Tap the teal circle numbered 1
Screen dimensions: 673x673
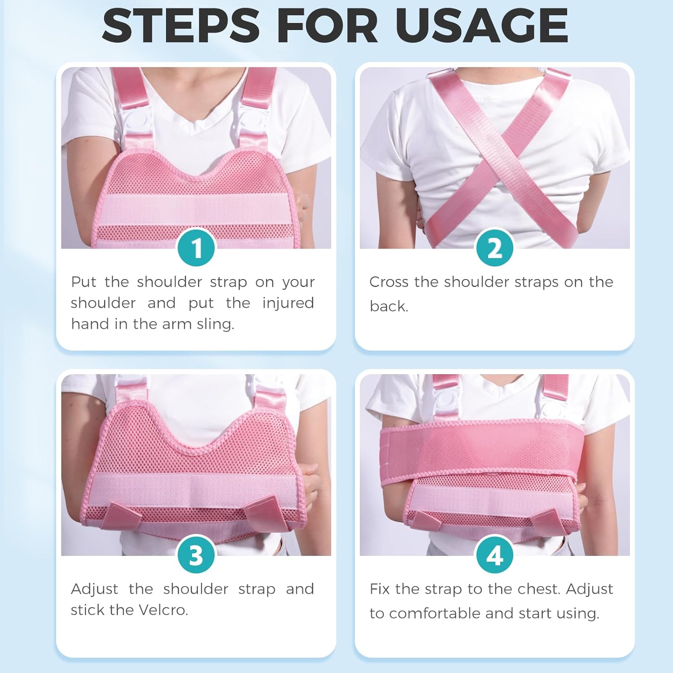click(x=196, y=248)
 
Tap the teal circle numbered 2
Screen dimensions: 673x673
click(x=494, y=248)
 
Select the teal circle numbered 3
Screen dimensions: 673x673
click(x=196, y=555)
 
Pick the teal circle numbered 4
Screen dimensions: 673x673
click(x=494, y=555)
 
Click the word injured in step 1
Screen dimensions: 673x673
click(x=288, y=304)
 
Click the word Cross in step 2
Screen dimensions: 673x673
click(x=389, y=282)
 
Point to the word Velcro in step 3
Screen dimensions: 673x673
click(x=163, y=610)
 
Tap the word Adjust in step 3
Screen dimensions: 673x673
click(x=94, y=589)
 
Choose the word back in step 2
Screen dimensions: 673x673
click(x=389, y=306)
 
